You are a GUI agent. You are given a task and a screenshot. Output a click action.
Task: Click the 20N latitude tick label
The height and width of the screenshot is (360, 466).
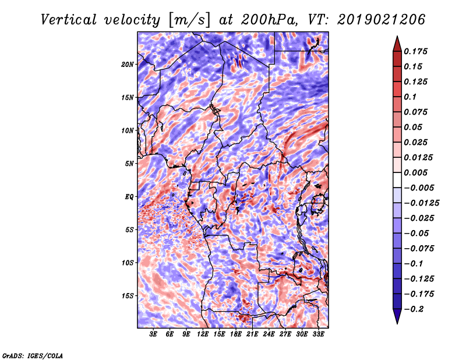128,64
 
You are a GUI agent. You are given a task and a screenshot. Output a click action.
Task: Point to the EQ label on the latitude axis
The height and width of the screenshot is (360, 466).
129,197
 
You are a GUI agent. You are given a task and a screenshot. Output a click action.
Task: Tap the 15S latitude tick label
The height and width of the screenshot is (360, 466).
128,296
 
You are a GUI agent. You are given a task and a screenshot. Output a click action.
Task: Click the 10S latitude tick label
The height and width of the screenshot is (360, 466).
128,263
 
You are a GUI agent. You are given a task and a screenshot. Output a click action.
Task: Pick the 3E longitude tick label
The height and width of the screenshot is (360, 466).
154,334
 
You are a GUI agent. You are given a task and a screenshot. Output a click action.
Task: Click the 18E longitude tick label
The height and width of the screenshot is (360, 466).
236,334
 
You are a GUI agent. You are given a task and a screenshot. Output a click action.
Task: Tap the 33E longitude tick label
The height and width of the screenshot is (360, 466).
319,334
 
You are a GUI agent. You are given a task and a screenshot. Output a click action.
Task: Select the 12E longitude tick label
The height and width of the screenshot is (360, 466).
203,334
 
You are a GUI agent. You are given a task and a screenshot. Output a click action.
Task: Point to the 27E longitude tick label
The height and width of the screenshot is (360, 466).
285,334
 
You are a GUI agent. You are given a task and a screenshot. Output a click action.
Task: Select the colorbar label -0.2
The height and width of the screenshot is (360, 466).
415,309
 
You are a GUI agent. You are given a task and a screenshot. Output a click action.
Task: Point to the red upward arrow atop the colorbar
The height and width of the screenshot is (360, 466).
397,43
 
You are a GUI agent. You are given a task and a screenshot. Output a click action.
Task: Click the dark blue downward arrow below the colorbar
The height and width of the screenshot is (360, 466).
397,316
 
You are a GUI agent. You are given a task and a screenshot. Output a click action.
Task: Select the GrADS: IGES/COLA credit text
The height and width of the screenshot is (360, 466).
32,355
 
